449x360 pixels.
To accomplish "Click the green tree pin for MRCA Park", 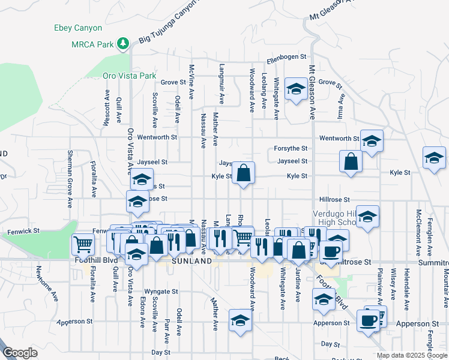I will (x=123, y=43).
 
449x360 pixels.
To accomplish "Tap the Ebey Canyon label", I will (x=78, y=28).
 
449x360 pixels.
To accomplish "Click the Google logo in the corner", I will (x=20, y=353).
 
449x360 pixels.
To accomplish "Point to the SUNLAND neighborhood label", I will (x=191, y=262).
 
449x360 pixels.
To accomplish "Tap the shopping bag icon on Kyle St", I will (x=243, y=173).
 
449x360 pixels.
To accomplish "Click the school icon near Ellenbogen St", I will (x=295, y=91).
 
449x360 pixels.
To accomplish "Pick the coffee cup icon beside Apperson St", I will (x=367, y=320).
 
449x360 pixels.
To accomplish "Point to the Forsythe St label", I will (x=291, y=148).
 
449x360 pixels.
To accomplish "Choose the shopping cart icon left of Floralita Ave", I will (x=83, y=244).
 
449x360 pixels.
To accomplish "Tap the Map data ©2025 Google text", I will (x=412, y=355).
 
